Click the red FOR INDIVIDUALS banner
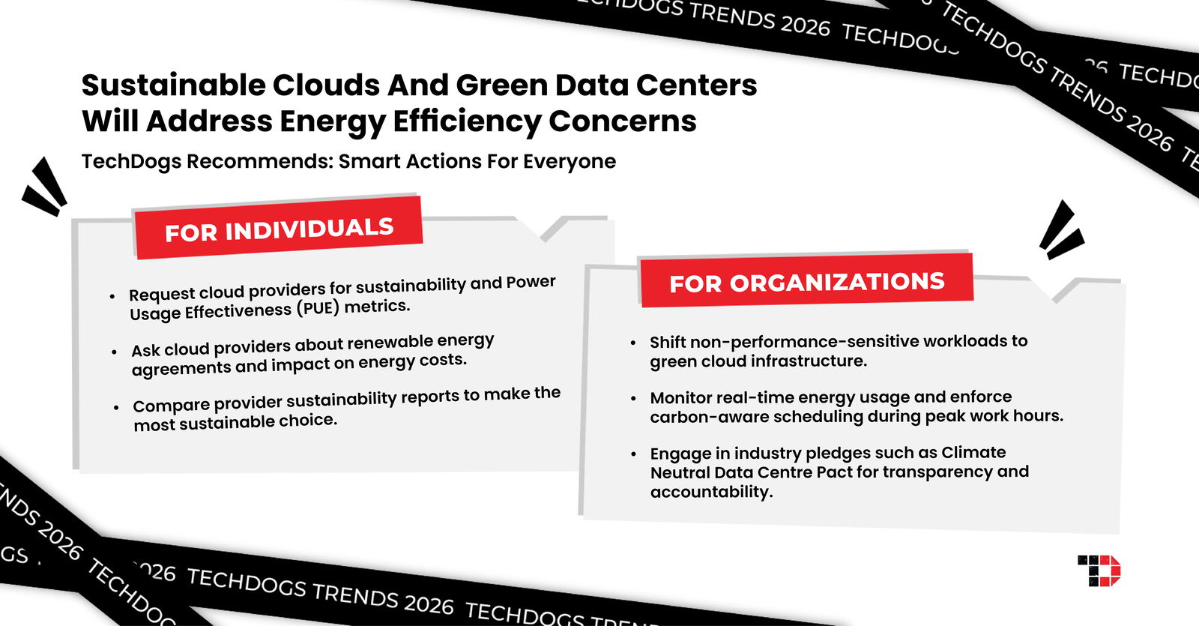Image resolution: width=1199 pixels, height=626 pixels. coord(278,228)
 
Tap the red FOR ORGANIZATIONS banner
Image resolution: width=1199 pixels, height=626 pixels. coord(806,280)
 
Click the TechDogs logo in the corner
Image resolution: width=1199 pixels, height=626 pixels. coord(1099,571)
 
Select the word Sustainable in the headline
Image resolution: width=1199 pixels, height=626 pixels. coord(173,85)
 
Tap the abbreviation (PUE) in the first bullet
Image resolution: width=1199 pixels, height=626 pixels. coord(318,309)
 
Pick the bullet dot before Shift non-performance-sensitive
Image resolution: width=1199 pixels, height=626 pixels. coord(634,343)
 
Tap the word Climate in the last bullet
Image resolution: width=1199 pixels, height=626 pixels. coord(973,453)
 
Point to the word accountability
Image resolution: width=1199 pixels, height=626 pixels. coord(711,492)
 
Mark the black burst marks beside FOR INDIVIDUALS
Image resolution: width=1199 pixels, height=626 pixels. coord(44,187)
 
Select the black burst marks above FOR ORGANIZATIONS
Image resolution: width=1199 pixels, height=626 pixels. coord(1061,230)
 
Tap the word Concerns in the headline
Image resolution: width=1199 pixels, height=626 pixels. coord(623,121)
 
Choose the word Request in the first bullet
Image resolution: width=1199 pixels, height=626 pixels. coord(162,295)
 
